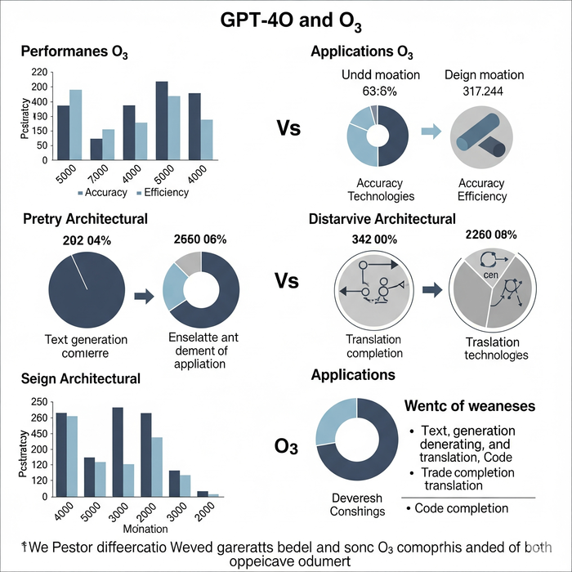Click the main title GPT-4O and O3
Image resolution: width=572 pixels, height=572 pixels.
click(x=285, y=20)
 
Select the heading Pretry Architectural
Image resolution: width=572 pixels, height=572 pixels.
click(x=86, y=219)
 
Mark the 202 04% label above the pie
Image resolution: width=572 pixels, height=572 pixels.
click(x=87, y=240)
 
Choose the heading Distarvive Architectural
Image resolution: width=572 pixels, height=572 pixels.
click(x=382, y=219)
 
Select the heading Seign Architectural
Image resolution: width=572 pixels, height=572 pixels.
click(x=82, y=379)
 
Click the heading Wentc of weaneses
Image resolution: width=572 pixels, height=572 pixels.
click(x=470, y=406)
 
